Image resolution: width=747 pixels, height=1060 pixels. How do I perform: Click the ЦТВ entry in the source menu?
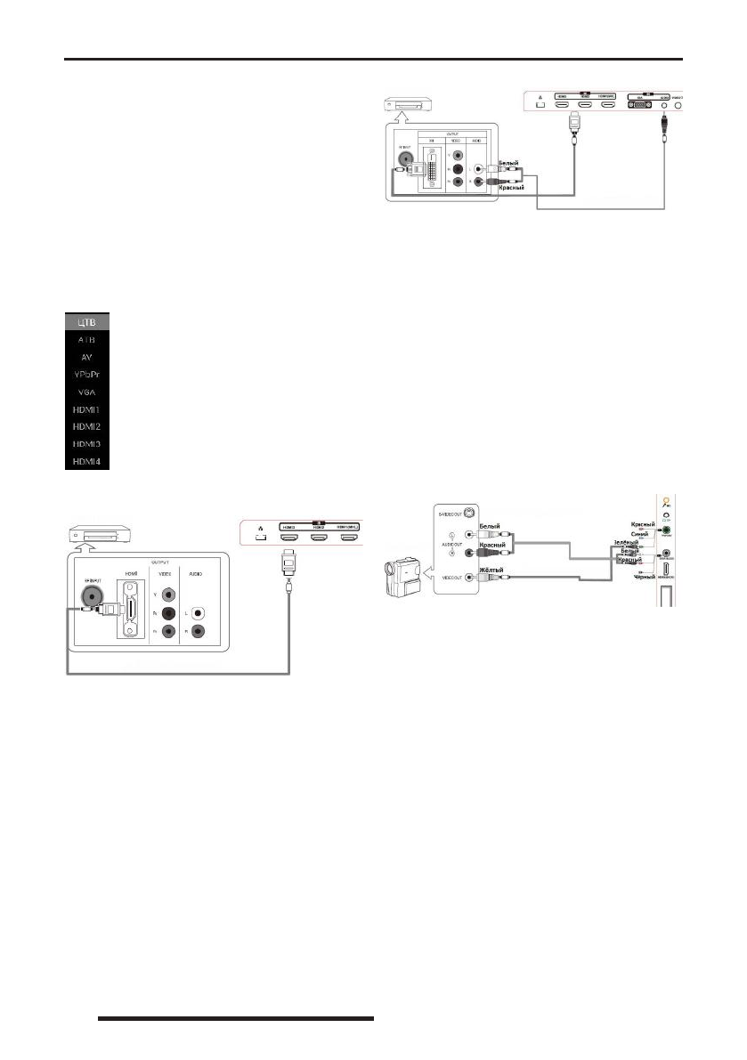86,321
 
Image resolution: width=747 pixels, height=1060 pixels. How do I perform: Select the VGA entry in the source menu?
86,392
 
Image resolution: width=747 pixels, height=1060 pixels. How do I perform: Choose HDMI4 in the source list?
86,462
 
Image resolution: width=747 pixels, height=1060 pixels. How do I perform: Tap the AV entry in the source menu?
86,357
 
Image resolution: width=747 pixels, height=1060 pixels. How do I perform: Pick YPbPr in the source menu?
86,375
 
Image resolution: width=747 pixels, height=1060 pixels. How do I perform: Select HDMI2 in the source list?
86,427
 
